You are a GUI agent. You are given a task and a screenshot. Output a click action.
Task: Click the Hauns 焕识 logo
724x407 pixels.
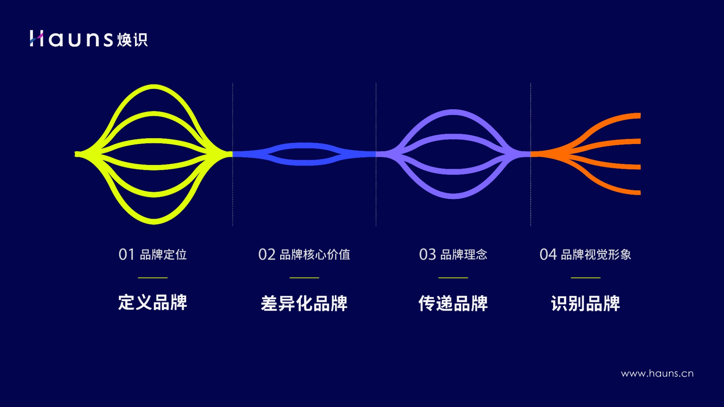coord(89,39)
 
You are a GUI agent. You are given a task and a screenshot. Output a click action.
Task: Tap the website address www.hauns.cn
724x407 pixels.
coord(657,373)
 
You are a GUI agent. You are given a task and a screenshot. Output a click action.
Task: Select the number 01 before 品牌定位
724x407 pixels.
coord(126,255)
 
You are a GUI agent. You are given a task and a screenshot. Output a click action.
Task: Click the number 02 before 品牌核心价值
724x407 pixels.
coord(267,255)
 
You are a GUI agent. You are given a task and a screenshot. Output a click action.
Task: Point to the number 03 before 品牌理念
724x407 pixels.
coord(427,255)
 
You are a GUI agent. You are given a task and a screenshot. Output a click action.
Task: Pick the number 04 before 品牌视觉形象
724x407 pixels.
coord(548,255)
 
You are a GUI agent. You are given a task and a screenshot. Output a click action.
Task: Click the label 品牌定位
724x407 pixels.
coord(163,255)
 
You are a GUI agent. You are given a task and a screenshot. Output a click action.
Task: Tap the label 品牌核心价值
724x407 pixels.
coord(315,255)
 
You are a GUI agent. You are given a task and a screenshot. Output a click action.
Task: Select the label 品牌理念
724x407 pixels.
coord(464,255)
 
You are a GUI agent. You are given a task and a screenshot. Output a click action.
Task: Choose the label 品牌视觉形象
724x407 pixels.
coord(596,255)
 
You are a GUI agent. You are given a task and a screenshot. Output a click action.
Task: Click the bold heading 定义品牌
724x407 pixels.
coord(153,302)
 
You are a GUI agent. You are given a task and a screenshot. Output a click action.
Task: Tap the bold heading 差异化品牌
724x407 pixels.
coord(304,303)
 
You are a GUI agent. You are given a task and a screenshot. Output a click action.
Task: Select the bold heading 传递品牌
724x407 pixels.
coord(453,303)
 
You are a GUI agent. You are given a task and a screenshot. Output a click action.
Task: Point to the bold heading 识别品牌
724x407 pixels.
coord(585,303)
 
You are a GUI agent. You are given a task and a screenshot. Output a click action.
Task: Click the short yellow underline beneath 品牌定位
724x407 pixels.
coord(153,278)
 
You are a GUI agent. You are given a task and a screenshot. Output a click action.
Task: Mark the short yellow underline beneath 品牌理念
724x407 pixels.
coord(453,278)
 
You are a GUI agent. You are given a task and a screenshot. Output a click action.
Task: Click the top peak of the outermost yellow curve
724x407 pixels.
coord(153,87)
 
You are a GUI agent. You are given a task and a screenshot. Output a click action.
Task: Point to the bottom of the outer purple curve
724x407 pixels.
coord(453,196)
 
